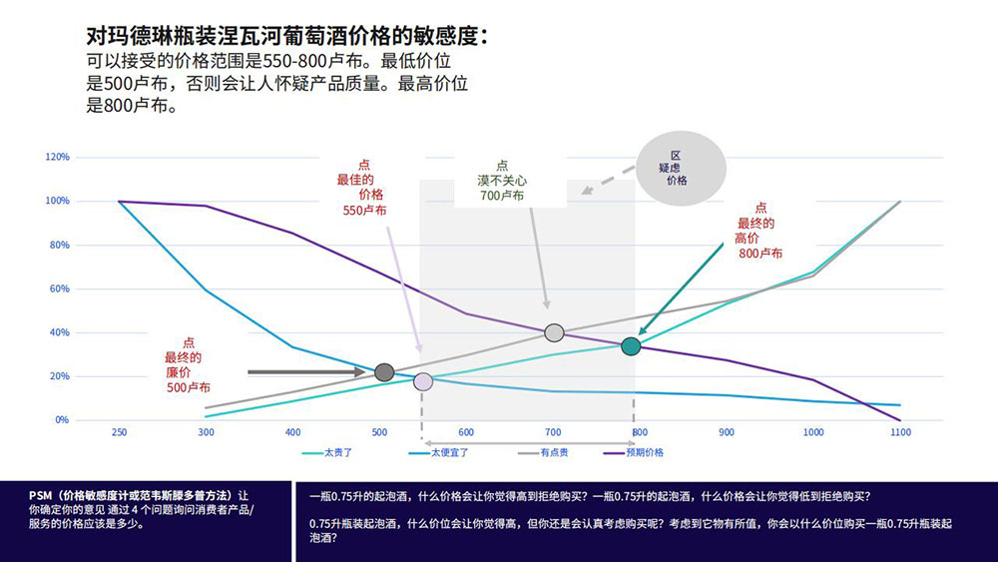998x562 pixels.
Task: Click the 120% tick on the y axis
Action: point(57,157)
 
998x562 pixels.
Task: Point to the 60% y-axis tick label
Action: point(59,288)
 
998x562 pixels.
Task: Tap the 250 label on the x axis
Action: point(120,432)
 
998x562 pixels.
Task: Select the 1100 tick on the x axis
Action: point(900,432)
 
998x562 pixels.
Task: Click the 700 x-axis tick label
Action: point(553,432)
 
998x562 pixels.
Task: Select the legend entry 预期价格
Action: point(644,452)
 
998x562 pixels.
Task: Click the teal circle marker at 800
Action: point(631,346)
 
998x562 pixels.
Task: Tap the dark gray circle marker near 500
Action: point(384,372)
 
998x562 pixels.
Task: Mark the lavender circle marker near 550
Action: point(423,381)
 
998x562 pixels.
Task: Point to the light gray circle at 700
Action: point(554,332)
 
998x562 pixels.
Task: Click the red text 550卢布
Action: point(364,211)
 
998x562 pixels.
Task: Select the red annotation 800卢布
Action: point(761,254)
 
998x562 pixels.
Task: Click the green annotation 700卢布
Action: point(502,196)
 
